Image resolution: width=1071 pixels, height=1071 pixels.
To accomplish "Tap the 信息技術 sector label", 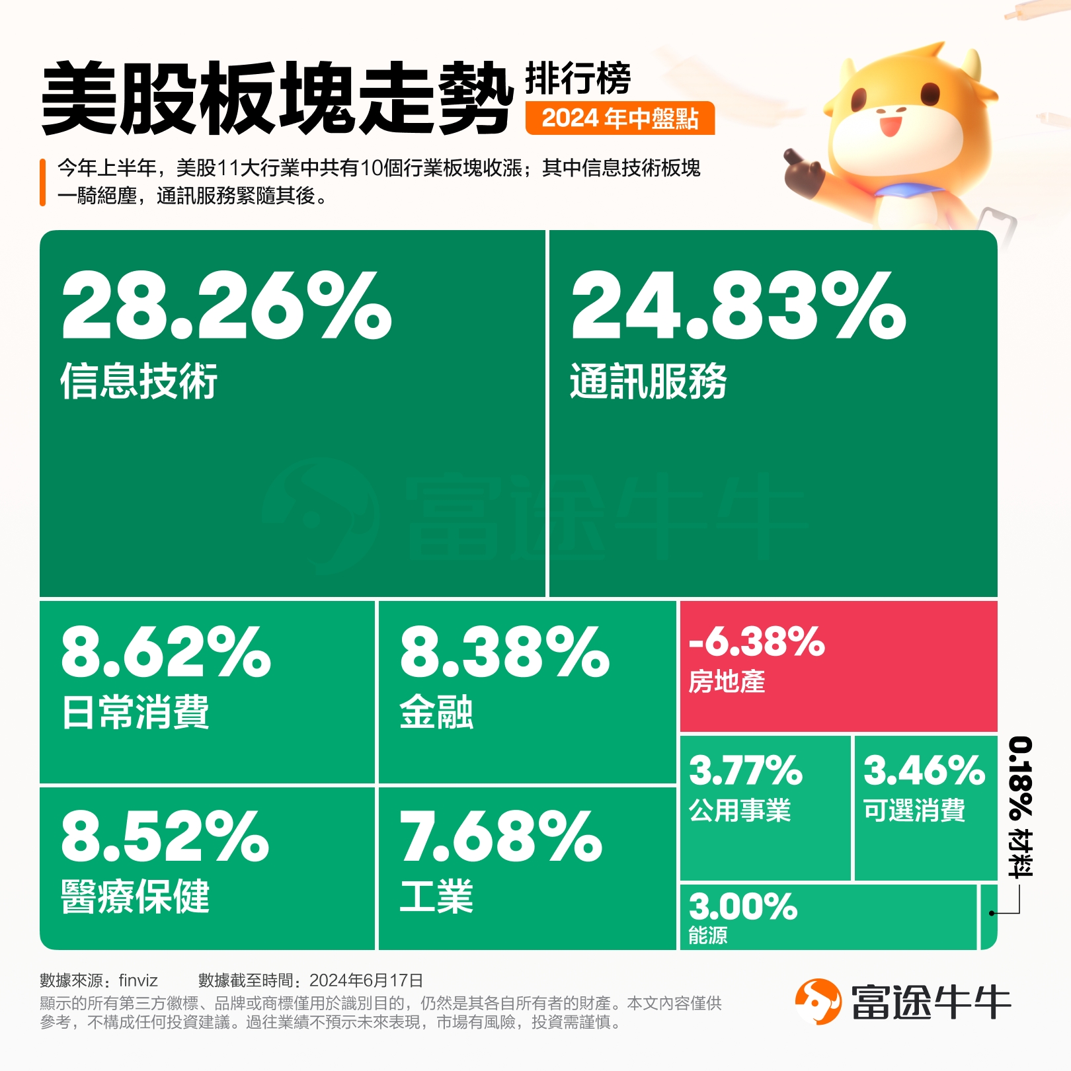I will [x=139, y=381].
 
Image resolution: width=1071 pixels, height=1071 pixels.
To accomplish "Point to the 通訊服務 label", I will [x=649, y=381].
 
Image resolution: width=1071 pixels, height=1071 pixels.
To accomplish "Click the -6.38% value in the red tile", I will [x=757, y=641].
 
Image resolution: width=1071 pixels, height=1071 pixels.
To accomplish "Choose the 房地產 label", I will [x=727, y=681].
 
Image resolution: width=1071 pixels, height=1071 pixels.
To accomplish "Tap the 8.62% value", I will [x=166, y=653].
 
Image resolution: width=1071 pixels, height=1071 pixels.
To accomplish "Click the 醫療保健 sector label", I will [x=136, y=897].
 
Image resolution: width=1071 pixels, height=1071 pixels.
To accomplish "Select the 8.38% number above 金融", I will [x=504, y=653].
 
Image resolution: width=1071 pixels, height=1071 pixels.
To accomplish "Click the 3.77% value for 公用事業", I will [x=746, y=770].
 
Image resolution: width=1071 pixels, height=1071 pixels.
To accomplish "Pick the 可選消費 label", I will [x=914, y=810].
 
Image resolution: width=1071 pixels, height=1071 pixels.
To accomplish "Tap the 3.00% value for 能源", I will [x=743, y=906].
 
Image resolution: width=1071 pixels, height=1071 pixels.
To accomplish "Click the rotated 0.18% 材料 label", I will [x=1020, y=807].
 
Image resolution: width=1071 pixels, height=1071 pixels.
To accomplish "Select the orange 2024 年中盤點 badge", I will [x=620, y=118].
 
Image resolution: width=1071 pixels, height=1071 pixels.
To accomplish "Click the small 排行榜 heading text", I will [x=578, y=79].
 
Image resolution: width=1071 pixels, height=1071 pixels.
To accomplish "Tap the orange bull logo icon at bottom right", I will [x=818, y=1002].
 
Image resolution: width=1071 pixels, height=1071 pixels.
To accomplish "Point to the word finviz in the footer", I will [x=138, y=980].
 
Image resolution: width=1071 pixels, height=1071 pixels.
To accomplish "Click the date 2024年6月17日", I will [x=366, y=980].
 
